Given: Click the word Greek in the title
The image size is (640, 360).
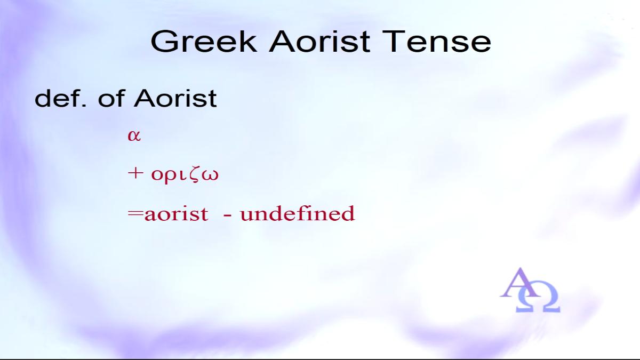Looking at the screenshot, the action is (204, 42).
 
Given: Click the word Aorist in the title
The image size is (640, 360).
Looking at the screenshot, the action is (319, 42).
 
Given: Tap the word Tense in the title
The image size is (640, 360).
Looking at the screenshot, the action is (437, 42).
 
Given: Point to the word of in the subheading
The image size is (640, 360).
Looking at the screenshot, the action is (111, 98).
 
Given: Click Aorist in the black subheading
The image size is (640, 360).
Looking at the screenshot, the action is (175, 98).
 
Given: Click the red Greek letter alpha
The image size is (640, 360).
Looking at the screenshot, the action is (134, 135).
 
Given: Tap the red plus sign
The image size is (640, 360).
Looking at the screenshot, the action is (135, 173).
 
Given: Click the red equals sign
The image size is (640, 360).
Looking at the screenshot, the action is (135, 213).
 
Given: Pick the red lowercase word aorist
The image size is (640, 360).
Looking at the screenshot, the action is (177, 214).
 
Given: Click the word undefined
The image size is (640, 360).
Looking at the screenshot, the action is (298, 213).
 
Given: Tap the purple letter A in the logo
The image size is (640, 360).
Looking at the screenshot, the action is (520, 283).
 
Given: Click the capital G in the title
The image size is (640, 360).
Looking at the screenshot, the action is (164, 42).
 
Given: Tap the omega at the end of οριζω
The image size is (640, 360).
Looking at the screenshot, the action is (210, 175).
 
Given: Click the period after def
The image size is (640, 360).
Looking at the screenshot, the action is (84, 106).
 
